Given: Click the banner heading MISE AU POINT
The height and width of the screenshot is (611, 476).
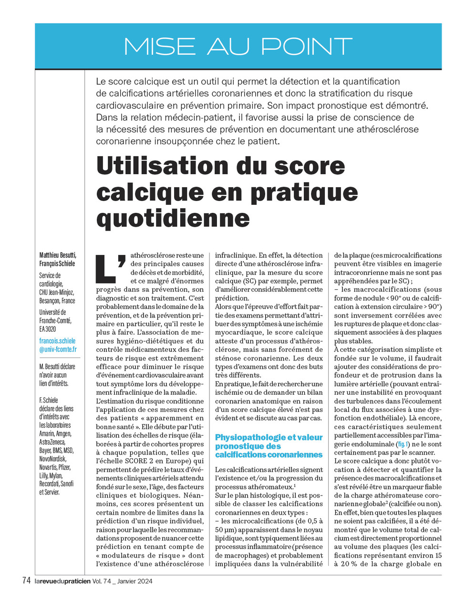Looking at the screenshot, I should click(x=238, y=46).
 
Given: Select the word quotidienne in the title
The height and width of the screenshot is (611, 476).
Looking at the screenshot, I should click(x=173, y=218).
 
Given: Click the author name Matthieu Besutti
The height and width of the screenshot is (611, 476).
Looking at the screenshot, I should click(x=57, y=255).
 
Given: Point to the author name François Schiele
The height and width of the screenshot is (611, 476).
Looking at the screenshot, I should click(x=57, y=263).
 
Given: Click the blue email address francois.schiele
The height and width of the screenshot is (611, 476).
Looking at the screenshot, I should click(x=57, y=341).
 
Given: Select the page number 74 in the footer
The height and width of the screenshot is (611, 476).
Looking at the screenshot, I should click(x=27, y=581).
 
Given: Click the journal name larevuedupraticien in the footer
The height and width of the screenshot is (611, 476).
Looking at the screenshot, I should click(x=62, y=581).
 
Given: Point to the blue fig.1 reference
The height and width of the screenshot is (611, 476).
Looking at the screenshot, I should click(x=403, y=444).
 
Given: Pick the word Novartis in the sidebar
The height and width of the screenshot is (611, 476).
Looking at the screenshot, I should click(x=48, y=467).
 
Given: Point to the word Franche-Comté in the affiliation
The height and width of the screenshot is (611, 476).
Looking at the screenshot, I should click(x=55, y=321).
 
